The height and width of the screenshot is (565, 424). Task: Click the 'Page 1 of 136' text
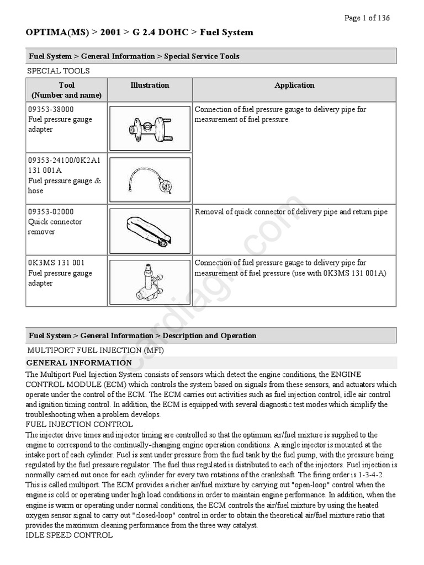(367, 18)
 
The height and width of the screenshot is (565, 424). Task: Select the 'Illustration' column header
(150, 85)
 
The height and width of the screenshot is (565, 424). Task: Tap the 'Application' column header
(294, 85)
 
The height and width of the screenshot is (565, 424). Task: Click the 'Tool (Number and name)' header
(66, 90)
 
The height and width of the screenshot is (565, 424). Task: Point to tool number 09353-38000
(51, 109)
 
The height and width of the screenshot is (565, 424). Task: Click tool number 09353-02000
(51, 212)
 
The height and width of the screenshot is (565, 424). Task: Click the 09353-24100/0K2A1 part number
(64, 161)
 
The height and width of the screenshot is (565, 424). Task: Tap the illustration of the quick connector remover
(150, 230)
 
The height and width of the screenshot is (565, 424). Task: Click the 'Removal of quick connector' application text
(291, 212)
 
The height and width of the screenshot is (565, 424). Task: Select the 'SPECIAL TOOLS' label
(59, 71)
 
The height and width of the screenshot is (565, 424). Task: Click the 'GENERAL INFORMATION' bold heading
(79, 363)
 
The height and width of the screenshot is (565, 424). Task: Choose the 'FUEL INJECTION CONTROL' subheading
(79, 424)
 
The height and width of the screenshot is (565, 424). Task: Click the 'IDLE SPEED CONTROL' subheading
(70, 535)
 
